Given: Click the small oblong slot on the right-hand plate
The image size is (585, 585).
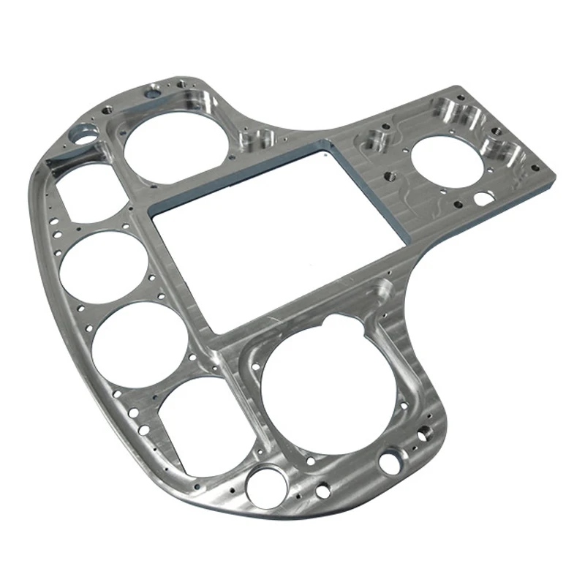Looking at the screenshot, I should [x=483, y=197].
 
